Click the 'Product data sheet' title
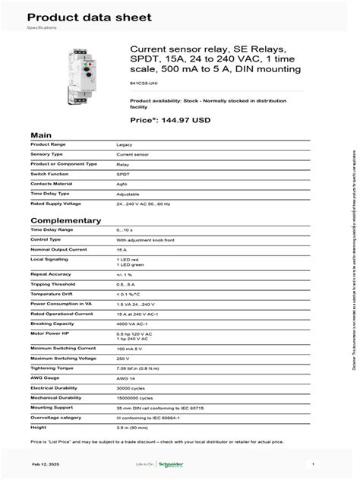click(78, 17)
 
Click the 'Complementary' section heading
click(65, 220)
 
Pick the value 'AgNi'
click(123, 184)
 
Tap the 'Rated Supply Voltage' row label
click(57, 204)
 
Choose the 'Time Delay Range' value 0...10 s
click(127, 229)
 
